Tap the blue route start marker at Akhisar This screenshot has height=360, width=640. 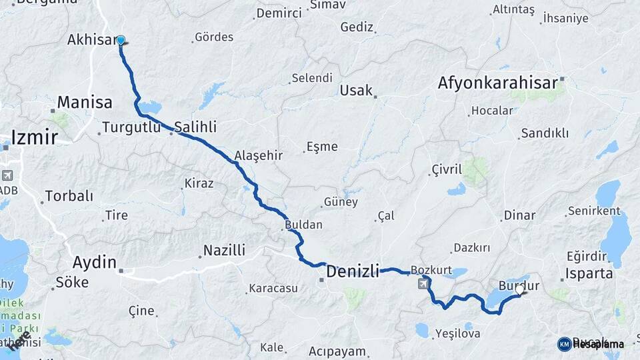121,41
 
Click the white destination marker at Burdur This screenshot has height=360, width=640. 519,289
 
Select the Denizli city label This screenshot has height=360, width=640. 352,271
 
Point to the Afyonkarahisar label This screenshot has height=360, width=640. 497,83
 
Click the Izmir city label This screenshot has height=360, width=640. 35,138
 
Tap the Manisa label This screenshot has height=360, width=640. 85,103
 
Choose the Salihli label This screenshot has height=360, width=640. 195,127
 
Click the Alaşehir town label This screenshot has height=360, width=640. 259,155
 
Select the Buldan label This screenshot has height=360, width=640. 303,225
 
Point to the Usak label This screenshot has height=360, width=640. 356,90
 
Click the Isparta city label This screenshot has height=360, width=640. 589,273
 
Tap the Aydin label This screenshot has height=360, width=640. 94,262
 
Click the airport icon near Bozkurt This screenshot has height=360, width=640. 423,285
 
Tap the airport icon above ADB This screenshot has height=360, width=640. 7,176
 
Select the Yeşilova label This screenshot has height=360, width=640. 457,333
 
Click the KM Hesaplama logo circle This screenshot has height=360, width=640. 565,344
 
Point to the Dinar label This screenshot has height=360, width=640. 519,215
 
